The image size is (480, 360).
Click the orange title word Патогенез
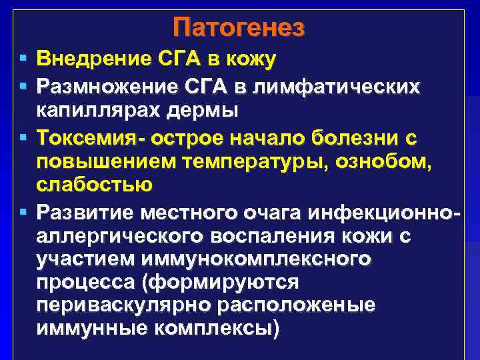239,29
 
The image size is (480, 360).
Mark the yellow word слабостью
95,183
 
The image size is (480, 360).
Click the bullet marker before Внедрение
23,60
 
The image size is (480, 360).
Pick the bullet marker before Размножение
23,86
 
